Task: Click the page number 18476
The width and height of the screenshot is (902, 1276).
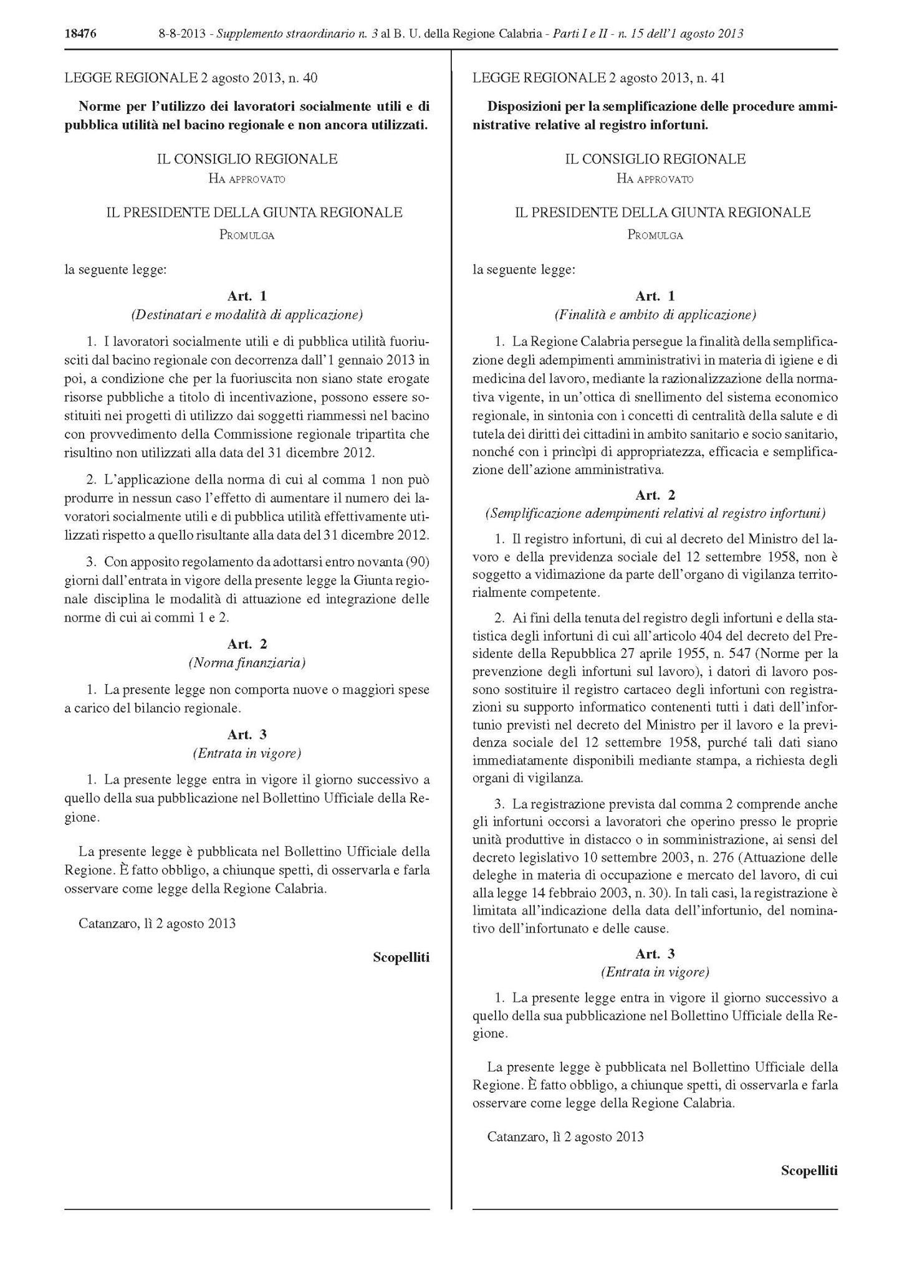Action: point(80,34)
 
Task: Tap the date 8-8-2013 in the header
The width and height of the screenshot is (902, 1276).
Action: point(184,34)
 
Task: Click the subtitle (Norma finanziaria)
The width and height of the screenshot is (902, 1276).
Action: point(247,663)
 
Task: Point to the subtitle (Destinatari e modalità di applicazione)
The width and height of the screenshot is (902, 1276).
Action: point(247,315)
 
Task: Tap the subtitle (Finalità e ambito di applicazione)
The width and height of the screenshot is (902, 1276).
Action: point(655,315)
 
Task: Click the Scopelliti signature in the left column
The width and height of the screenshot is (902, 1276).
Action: point(401,957)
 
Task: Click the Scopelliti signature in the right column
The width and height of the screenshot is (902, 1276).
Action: point(809,1171)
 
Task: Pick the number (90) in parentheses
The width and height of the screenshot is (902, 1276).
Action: point(417,562)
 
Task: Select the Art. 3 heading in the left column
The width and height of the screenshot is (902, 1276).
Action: point(247,734)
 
